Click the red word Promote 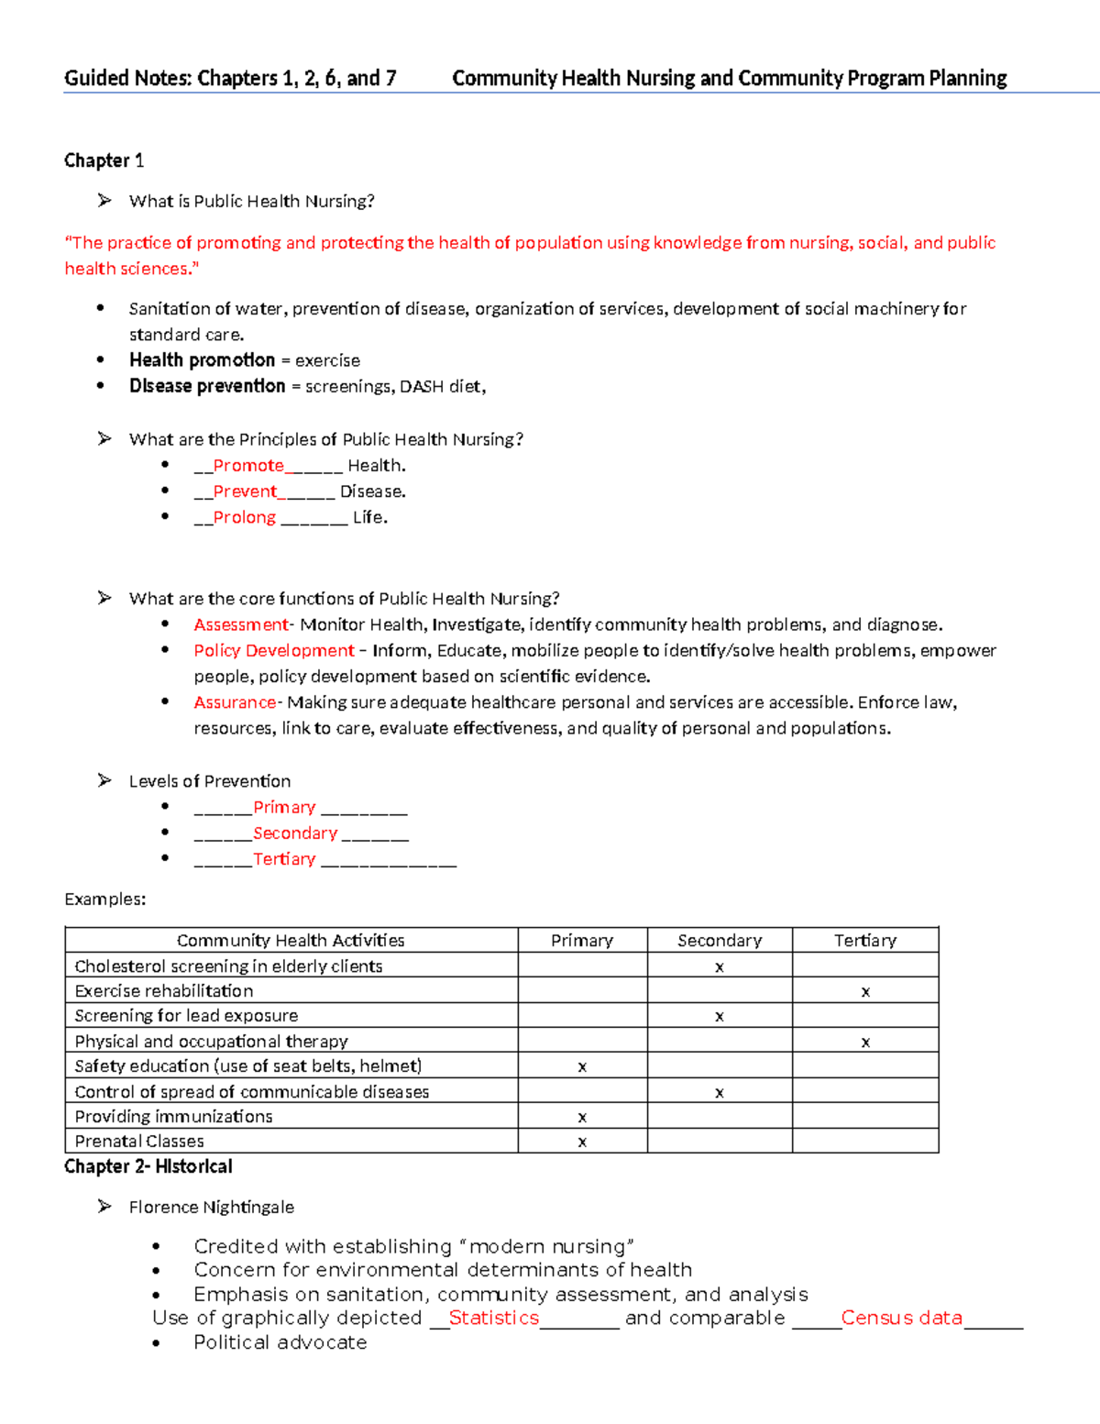248,466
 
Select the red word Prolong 244,517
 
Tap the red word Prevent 245,491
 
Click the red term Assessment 241,624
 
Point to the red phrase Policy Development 274,650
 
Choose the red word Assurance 235,702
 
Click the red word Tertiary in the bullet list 284,859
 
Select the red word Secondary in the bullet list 295,833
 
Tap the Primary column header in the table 582,941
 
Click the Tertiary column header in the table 865,941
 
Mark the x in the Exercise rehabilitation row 865,992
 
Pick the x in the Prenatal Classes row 582,1143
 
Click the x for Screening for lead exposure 720,1017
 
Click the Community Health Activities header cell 291,941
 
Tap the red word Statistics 494,1318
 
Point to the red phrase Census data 902,1318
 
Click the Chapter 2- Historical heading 148,1166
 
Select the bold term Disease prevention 207,386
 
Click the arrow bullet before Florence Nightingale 104,1207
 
